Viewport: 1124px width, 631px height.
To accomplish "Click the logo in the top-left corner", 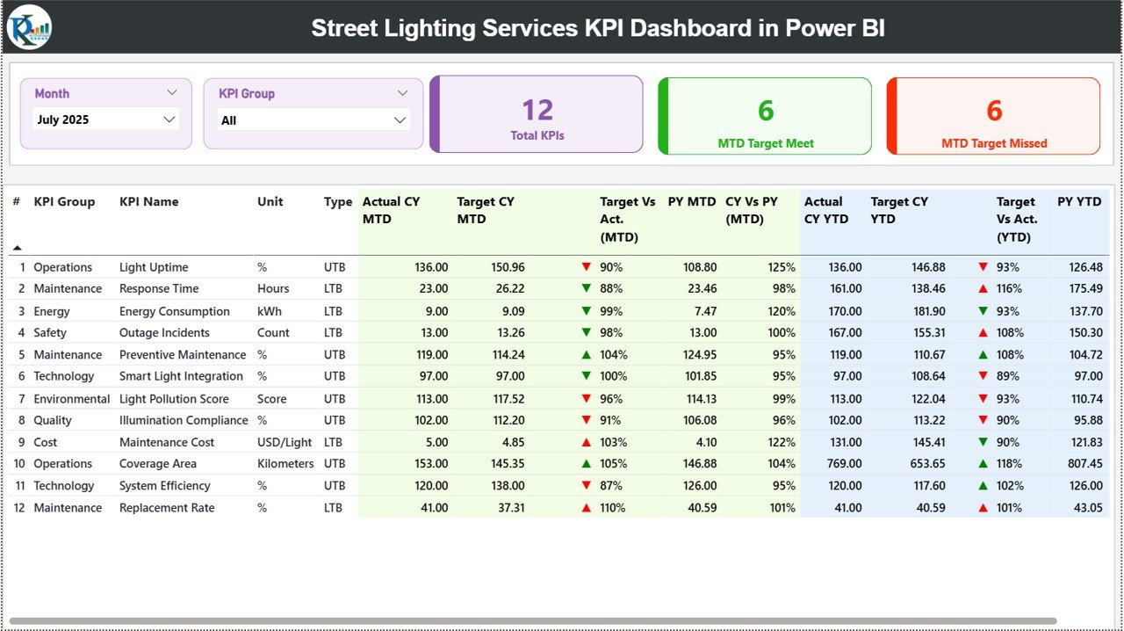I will click(x=29, y=27).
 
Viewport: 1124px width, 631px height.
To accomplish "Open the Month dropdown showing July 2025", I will click(x=105, y=120).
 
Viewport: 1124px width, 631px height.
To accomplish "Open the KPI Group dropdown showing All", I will click(x=313, y=120).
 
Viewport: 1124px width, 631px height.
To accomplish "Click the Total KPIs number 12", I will click(x=537, y=110).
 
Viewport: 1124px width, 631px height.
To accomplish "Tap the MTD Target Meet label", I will click(x=766, y=143).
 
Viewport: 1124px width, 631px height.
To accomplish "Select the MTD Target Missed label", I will click(x=994, y=143).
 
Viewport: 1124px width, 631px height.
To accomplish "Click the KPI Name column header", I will click(x=148, y=201).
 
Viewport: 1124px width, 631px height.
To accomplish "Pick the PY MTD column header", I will click(x=691, y=201).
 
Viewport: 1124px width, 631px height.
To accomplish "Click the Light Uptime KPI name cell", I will click(x=154, y=267).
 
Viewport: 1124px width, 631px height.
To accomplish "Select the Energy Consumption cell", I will click(x=174, y=311).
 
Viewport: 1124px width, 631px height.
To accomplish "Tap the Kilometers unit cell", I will click(x=285, y=463).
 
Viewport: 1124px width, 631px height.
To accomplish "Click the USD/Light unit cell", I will click(x=285, y=442).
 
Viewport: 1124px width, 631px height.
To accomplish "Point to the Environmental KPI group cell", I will click(x=72, y=398).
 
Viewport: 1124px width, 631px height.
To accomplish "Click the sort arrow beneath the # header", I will click(x=17, y=248).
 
